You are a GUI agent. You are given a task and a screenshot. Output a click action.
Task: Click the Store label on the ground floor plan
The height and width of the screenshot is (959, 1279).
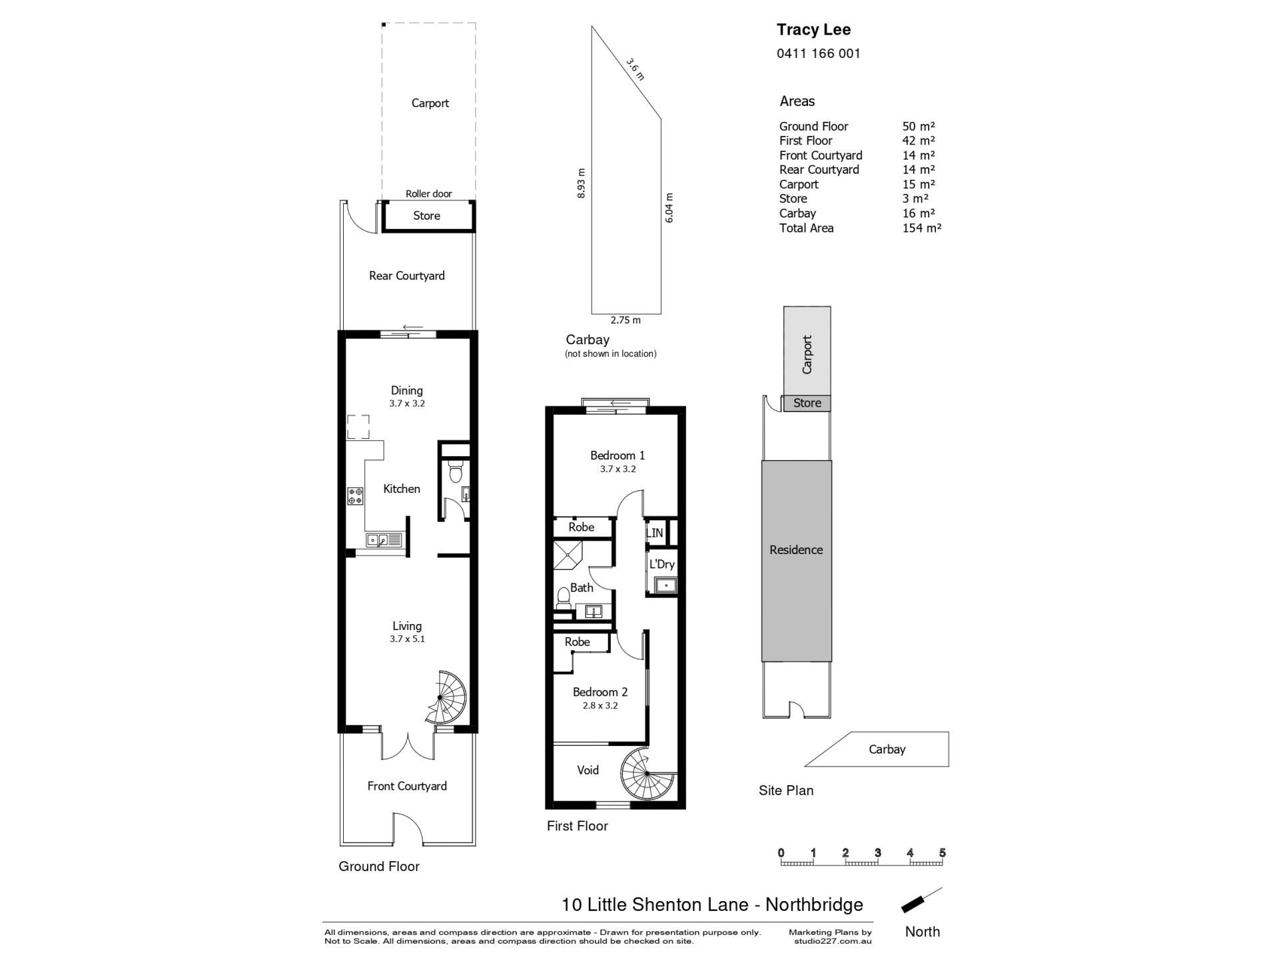click(x=426, y=216)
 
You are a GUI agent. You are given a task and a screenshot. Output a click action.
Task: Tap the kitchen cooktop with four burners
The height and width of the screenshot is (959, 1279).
click(x=355, y=495)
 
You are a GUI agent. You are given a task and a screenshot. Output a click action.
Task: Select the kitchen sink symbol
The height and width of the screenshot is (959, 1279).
click(x=384, y=540)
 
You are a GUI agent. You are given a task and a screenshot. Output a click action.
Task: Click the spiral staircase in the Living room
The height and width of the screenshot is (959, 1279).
click(x=445, y=697)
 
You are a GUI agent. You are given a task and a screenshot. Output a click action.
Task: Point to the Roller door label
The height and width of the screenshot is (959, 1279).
click(x=429, y=194)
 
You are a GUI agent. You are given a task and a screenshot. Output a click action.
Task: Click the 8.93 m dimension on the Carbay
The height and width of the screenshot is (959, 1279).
click(x=582, y=183)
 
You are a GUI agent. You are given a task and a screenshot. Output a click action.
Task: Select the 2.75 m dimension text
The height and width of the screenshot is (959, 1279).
click(x=626, y=320)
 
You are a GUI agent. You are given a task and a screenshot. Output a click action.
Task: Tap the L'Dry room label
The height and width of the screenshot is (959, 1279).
click(x=661, y=564)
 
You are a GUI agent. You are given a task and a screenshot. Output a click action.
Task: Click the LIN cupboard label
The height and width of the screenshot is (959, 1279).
click(x=654, y=533)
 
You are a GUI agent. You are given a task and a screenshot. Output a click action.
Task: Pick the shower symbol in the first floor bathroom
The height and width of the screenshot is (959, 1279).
click(x=568, y=556)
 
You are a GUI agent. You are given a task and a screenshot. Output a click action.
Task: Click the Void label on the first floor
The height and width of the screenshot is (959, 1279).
click(x=588, y=771)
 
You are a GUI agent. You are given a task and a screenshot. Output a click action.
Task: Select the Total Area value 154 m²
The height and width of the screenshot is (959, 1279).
click(x=922, y=228)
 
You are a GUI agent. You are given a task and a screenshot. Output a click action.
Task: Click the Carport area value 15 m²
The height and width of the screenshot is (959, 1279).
click(x=919, y=184)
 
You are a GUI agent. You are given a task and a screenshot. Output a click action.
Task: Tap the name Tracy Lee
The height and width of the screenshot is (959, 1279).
click(x=813, y=29)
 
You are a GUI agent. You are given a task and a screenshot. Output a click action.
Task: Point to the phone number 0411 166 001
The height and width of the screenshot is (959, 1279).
click(x=819, y=53)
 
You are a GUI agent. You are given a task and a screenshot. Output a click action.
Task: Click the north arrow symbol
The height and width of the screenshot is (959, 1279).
click(x=922, y=900)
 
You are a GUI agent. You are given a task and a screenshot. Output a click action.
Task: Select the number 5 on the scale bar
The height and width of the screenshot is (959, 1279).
click(x=943, y=853)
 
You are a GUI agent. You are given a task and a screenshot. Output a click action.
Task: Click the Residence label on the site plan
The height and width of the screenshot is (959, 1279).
click(x=796, y=550)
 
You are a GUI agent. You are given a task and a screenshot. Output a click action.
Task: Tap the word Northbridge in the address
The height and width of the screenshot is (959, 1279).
click(x=814, y=904)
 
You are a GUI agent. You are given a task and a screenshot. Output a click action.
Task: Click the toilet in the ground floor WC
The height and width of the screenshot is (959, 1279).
click(x=456, y=471)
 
